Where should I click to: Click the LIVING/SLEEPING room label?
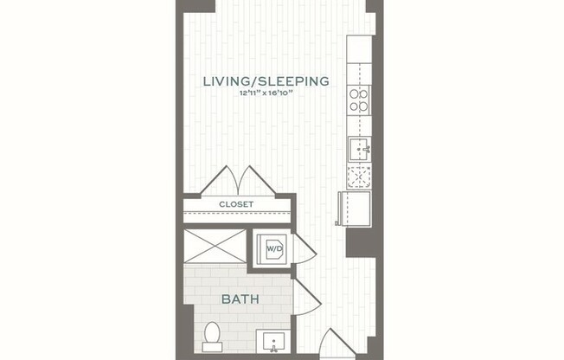click(266, 82)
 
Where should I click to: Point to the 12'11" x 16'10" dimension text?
click(266, 94)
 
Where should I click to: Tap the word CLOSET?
click(236, 205)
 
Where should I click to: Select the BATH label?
click(242, 300)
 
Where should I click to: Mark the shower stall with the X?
click(215, 247)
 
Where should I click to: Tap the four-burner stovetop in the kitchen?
click(359, 100)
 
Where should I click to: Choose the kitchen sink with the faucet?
click(359, 151)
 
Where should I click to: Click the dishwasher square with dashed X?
click(359, 177)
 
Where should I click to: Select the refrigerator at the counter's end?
click(355, 209)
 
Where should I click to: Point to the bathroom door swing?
click(305, 296)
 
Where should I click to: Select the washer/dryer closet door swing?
click(304, 248)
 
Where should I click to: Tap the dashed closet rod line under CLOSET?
click(236, 213)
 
